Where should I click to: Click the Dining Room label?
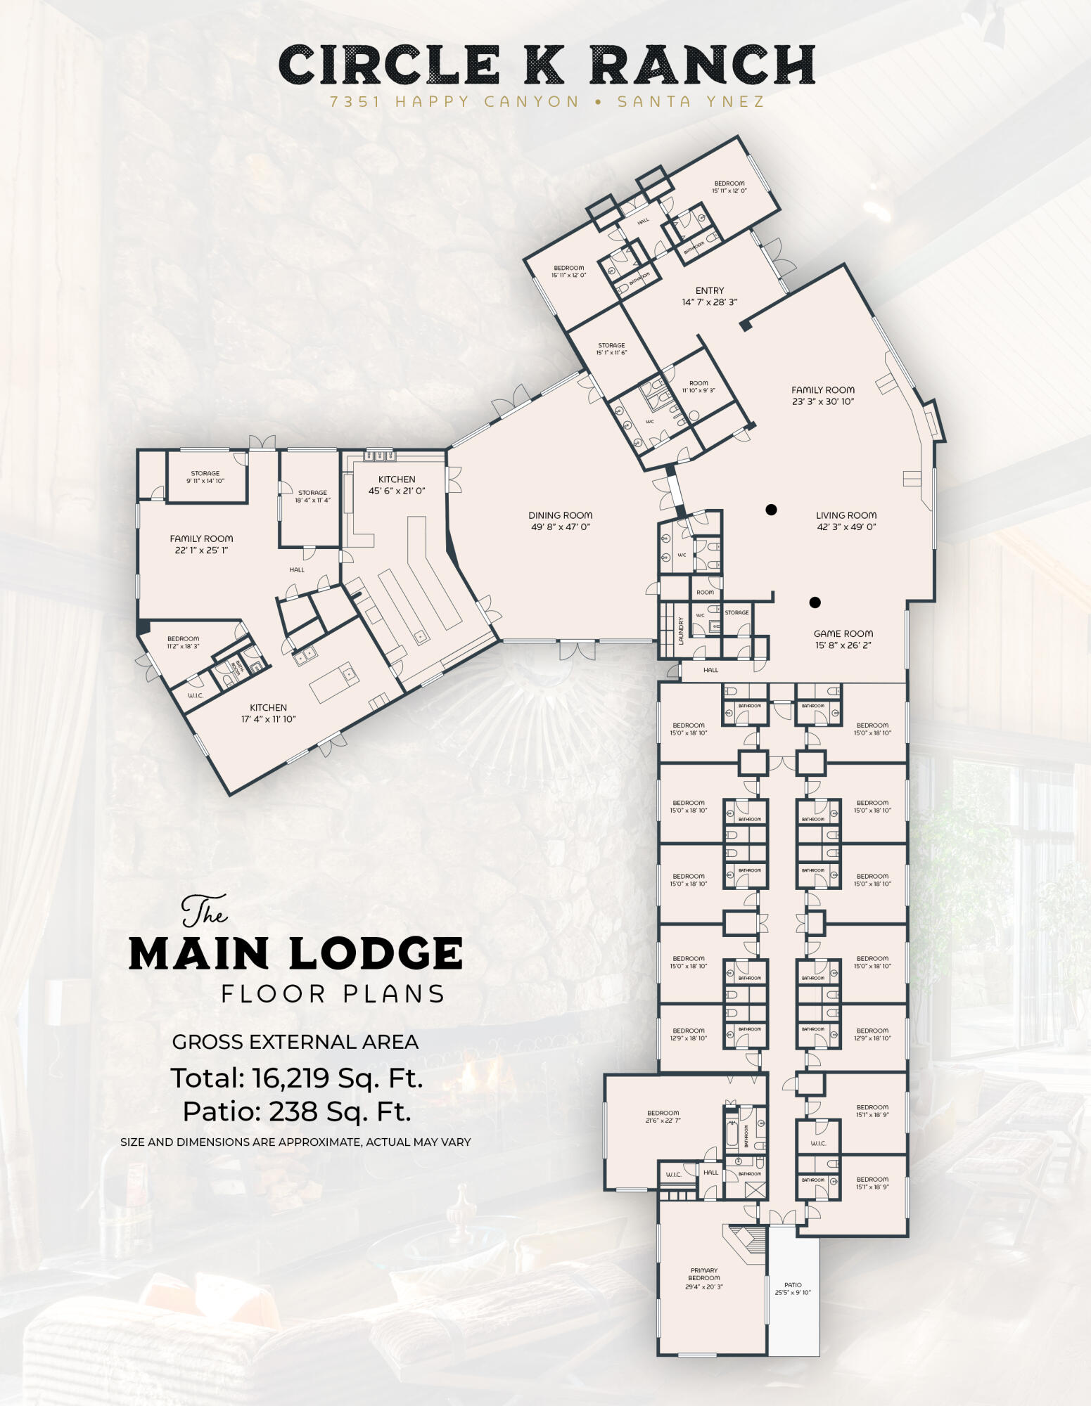coord(560,515)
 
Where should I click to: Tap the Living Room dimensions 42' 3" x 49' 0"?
coord(846,527)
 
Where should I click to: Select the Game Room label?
coord(843,633)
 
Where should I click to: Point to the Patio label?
coord(793,1284)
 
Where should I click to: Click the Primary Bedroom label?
coord(703,1274)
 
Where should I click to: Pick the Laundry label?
coord(681,631)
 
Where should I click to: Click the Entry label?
coord(709,290)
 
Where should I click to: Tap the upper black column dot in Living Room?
coord(771,510)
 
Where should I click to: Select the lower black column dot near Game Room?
coord(815,602)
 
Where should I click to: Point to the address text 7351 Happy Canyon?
coord(454,101)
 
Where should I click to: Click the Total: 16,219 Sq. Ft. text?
coord(297,1078)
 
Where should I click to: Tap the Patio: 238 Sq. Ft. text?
coord(297,1111)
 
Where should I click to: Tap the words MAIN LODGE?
coord(295,954)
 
